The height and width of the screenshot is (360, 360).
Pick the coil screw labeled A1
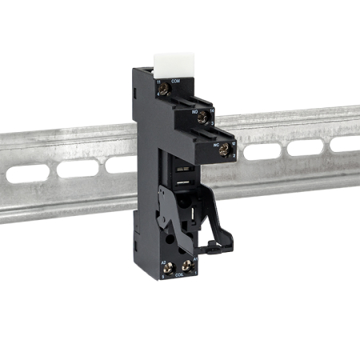pos(190,266)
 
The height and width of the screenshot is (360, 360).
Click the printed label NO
pos(194,111)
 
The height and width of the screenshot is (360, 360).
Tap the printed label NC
pos(216,143)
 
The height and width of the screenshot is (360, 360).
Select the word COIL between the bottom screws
pos(180,274)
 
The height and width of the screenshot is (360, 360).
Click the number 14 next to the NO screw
pos(213,112)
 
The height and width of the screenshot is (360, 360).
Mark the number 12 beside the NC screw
pos(233,143)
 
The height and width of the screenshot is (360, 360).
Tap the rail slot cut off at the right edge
pos(347,143)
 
